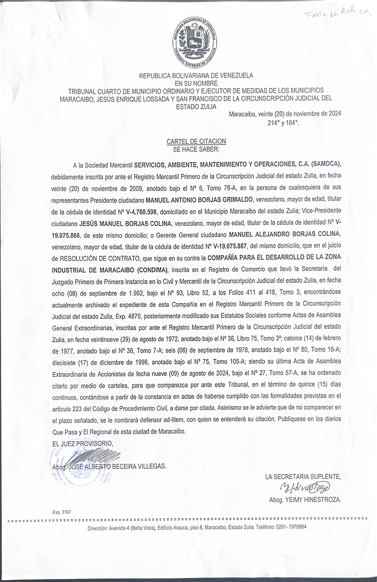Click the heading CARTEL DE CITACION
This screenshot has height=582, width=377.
coord(196,142)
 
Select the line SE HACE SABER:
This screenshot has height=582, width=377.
coord(196,149)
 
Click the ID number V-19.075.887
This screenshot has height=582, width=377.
coord(229,246)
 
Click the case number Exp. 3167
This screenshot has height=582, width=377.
coord(62,512)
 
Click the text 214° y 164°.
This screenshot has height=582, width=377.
coord(284,123)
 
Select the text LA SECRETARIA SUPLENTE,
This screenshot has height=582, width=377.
coord(303,476)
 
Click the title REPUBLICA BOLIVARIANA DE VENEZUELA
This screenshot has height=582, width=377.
coord(196,75)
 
